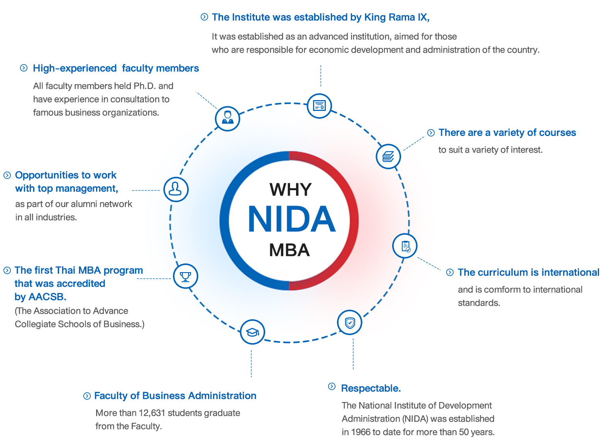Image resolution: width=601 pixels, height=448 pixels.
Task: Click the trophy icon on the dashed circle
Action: tap(186, 276)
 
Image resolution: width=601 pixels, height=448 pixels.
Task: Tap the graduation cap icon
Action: tap(252, 332)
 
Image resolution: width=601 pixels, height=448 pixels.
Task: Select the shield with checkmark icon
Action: tap(350, 322)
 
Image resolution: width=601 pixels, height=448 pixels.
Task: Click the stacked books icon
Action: tap(388, 156)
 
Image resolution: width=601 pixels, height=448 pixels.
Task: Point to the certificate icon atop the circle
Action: tap(319, 106)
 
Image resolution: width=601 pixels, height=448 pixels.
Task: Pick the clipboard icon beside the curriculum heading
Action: tap(405, 246)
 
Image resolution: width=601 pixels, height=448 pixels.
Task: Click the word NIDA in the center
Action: tap(291, 219)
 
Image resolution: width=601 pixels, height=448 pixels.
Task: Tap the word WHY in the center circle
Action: tap(290, 189)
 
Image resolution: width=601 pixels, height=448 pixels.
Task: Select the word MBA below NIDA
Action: tap(289, 250)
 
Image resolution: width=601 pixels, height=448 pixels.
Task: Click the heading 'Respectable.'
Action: tap(371, 388)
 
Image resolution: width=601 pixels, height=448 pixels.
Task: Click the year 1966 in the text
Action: tap(361, 432)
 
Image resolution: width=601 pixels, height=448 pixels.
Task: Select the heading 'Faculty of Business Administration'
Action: tap(175, 395)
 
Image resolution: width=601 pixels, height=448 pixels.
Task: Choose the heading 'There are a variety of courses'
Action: tap(507, 133)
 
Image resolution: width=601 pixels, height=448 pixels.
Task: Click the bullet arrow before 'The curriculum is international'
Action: tap(450, 272)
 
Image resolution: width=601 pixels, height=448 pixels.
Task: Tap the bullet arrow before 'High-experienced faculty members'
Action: tap(24, 68)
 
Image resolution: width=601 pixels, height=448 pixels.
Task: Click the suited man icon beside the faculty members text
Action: tap(228, 118)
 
